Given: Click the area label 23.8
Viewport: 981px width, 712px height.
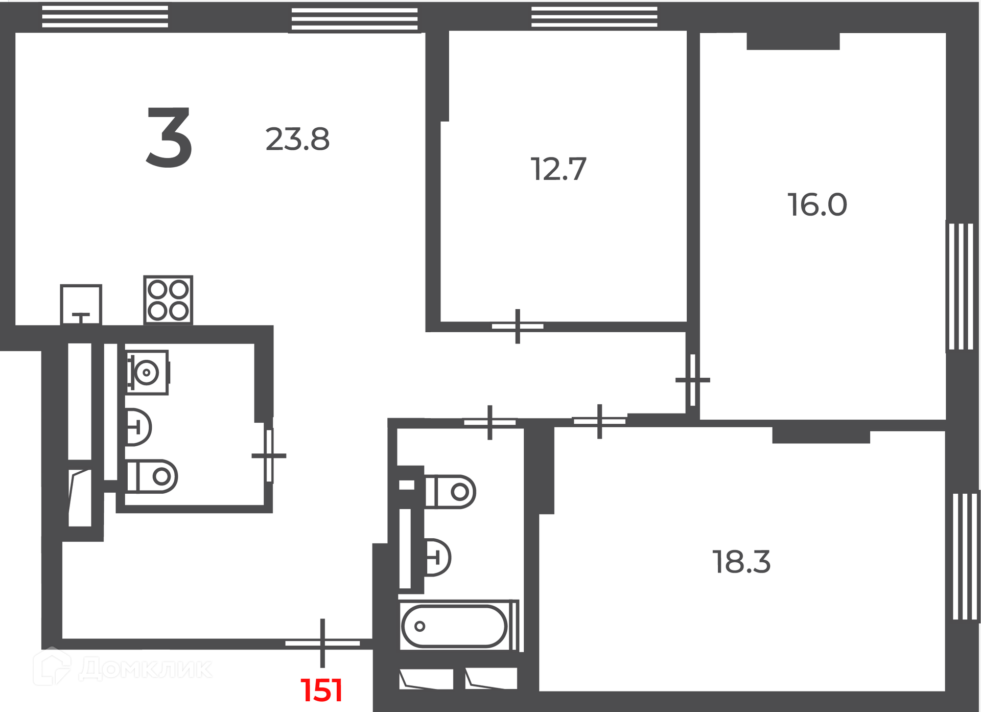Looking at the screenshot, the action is pyautogui.click(x=297, y=139).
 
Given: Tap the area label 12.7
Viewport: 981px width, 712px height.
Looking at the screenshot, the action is pyautogui.click(x=558, y=169).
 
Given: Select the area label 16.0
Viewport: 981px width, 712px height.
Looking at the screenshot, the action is pyautogui.click(x=817, y=204).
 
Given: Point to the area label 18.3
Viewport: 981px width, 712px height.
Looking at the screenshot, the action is pyautogui.click(x=741, y=562).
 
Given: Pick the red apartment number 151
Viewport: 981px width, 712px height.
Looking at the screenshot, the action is pyautogui.click(x=321, y=690).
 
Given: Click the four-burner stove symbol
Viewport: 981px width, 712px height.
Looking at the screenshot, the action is pyautogui.click(x=168, y=300).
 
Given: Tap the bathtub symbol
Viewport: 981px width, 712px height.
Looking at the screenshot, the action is pyautogui.click(x=454, y=626).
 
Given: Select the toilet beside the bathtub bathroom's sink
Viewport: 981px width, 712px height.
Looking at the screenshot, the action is pyautogui.click(x=450, y=492).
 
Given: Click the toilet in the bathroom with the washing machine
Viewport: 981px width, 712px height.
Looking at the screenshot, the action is pyautogui.click(x=152, y=476).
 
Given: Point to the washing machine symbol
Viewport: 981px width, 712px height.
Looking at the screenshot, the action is pyautogui.click(x=148, y=372).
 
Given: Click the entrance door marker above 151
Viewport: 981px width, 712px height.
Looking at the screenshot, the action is pyautogui.click(x=322, y=643).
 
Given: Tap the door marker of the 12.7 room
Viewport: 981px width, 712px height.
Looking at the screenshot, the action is pyautogui.click(x=518, y=326).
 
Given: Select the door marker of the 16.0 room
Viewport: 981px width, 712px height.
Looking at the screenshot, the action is pyautogui.click(x=693, y=380).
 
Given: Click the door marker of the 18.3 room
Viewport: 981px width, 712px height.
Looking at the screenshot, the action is pyautogui.click(x=599, y=421).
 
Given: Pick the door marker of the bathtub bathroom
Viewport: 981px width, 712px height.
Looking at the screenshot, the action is pyautogui.click(x=490, y=422).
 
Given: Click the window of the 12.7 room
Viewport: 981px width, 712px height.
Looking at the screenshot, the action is pyautogui.click(x=594, y=16).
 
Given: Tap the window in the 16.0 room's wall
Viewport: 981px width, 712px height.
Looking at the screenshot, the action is pyautogui.click(x=961, y=286).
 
